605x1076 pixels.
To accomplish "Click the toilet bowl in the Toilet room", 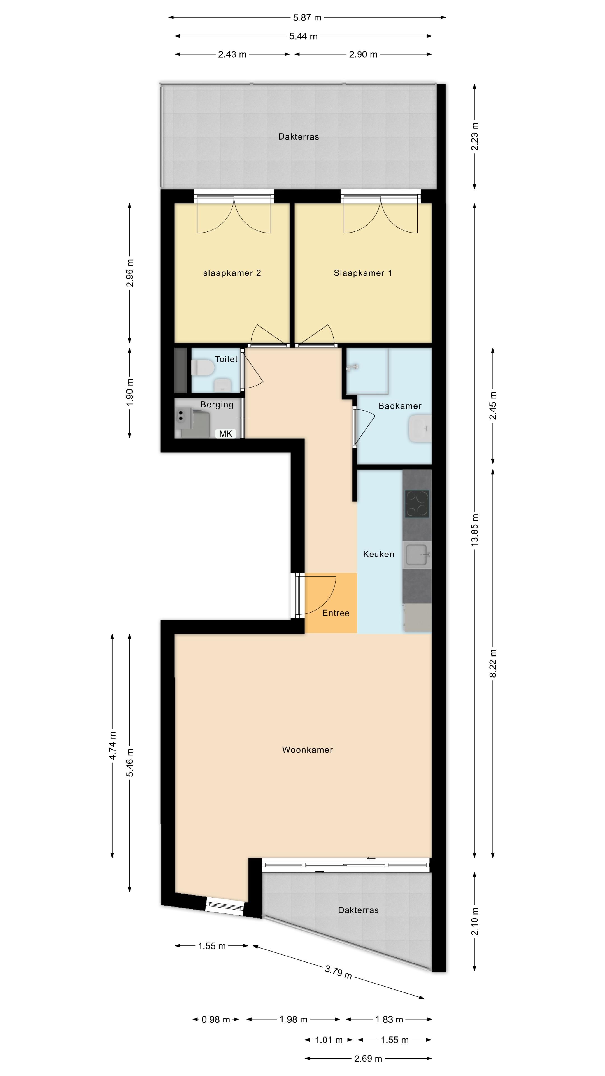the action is (x=203, y=368).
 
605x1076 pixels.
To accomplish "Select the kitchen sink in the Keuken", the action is (x=417, y=555).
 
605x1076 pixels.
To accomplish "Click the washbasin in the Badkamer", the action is (x=420, y=428).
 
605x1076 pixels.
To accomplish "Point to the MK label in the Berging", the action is (x=225, y=433).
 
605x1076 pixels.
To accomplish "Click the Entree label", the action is (x=336, y=613).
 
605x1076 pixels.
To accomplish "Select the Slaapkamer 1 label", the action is (x=363, y=273).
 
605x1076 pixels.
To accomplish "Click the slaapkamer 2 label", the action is (x=232, y=273).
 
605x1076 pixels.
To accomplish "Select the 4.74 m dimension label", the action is (x=112, y=746).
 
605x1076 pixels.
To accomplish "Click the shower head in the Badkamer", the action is (x=354, y=367).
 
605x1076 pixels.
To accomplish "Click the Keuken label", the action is (x=379, y=554).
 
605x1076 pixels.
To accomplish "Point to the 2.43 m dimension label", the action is (x=232, y=54).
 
